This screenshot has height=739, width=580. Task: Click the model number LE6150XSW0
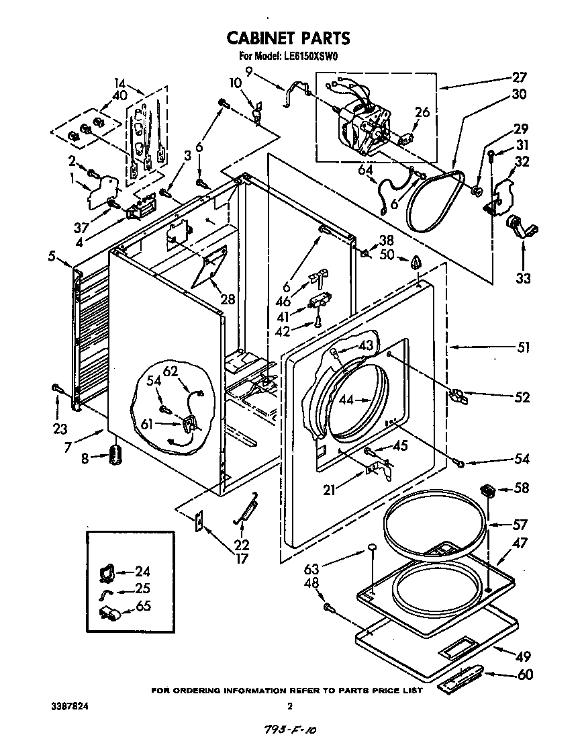click(311, 56)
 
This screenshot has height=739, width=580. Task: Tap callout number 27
click(520, 77)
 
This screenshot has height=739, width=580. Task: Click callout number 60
click(525, 674)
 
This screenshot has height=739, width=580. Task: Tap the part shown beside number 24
click(105, 572)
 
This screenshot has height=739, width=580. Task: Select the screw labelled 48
click(329, 607)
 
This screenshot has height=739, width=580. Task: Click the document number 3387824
click(70, 706)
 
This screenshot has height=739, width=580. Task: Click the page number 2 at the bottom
click(289, 706)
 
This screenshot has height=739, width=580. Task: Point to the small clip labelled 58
click(489, 490)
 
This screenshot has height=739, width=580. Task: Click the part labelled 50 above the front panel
click(417, 261)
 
